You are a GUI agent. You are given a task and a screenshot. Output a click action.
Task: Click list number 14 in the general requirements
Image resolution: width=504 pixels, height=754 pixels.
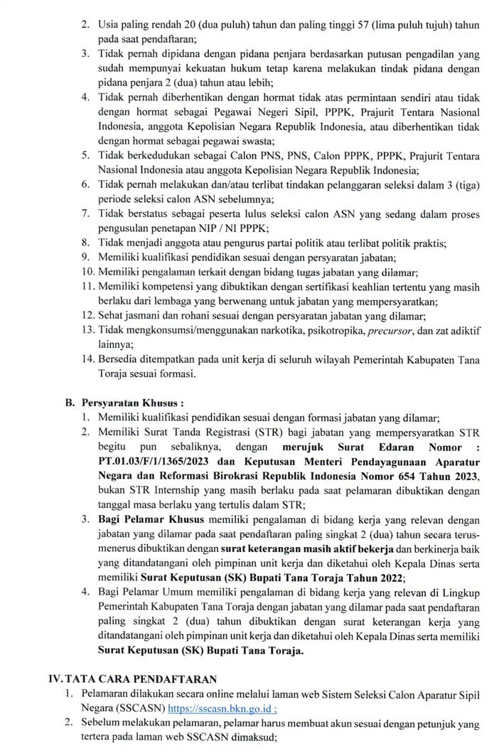(86, 359)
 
